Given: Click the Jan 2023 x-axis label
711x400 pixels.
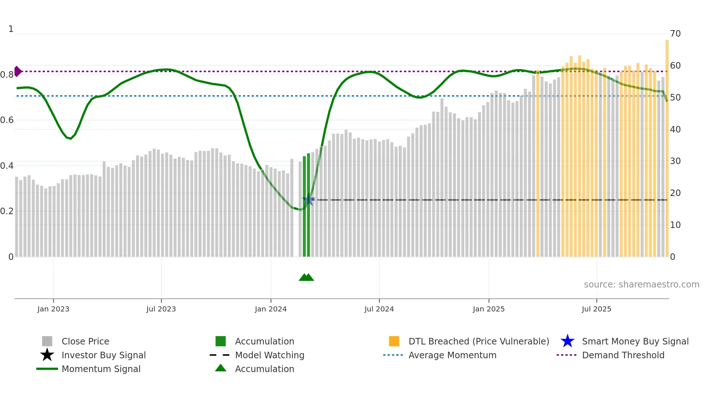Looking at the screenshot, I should click(53, 309).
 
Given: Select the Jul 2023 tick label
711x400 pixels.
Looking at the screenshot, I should click(161, 309).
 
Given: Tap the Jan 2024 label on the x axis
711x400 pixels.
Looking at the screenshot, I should click(271, 309).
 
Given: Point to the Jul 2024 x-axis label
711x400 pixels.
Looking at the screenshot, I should click(379, 309).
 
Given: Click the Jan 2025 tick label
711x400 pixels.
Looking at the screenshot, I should click(489, 309).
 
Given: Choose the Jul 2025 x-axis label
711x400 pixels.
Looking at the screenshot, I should click(596, 309).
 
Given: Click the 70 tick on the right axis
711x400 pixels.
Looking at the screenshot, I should click(675, 34).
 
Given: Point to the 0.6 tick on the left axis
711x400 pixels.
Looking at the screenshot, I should click(7, 120).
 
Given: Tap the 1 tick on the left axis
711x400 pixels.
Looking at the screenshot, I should click(11, 29).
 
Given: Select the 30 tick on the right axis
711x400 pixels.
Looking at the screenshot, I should click(675, 161).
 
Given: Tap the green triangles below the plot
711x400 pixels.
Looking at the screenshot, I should click(307, 277).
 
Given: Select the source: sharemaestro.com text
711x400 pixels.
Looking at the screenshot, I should click(641, 285).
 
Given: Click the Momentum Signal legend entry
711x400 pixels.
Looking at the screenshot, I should click(101, 369).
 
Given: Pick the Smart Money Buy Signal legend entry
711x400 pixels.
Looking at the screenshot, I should click(635, 342).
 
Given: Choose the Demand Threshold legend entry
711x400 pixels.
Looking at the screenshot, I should click(623, 355).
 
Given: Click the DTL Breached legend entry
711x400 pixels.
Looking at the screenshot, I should click(478, 342).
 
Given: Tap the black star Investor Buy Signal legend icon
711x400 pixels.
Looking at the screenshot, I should click(47, 355).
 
